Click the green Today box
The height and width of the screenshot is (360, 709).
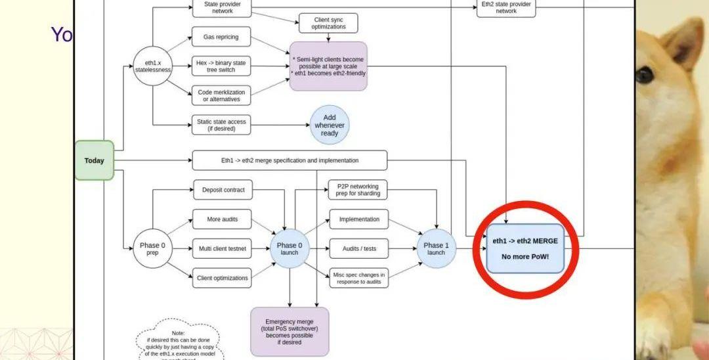pyautogui.click(x=94, y=160)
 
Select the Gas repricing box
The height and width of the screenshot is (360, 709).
pyautogui.click(x=221, y=37)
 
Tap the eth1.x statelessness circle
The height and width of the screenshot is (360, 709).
pyautogui.click(x=152, y=66)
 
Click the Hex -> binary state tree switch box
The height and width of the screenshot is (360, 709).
pyautogui.click(x=221, y=66)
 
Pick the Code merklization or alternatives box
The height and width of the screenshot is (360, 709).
pyautogui.click(x=221, y=96)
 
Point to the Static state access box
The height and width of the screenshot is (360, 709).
pyautogui.click(x=221, y=125)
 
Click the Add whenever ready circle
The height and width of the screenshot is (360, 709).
pyautogui.click(x=330, y=125)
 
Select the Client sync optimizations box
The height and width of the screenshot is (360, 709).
pyautogui.click(x=329, y=23)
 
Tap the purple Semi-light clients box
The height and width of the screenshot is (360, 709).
pyautogui.click(x=328, y=66)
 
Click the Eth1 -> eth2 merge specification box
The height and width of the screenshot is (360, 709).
pyautogui.click(x=290, y=160)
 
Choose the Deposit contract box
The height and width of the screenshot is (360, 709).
pyautogui.click(x=223, y=190)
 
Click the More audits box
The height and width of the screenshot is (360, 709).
pyautogui.click(x=222, y=219)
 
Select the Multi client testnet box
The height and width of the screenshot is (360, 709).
pyautogui.click(x=222, y=248)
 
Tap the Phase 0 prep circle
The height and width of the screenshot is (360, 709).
pyautogui.click(x=152, y=248)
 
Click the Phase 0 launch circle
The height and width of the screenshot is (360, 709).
pyautogui.click(x=290, y=248)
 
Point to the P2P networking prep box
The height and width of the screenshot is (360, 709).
pyautogui.click(x=358, y=190)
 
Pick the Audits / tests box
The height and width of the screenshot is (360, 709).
pyautogui.click(x=359, y=248)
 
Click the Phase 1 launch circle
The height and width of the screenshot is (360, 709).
pyautogui.click(x=436, y=248)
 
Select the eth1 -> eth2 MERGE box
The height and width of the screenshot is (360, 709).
pyautogui.click(x=525, y=248)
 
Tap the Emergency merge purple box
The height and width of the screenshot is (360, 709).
pyautogui.click(x=290, y=331)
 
